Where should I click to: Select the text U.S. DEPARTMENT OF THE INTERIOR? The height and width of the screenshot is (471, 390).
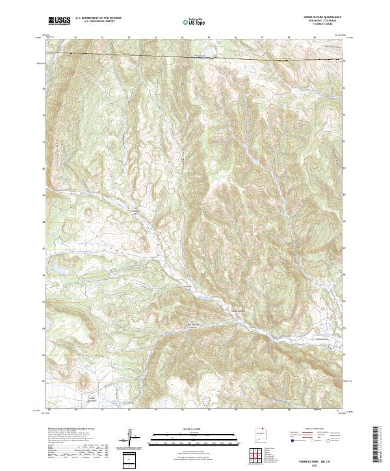pos(98,19)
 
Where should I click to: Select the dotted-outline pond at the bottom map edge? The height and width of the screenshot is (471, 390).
pos(207,401)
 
